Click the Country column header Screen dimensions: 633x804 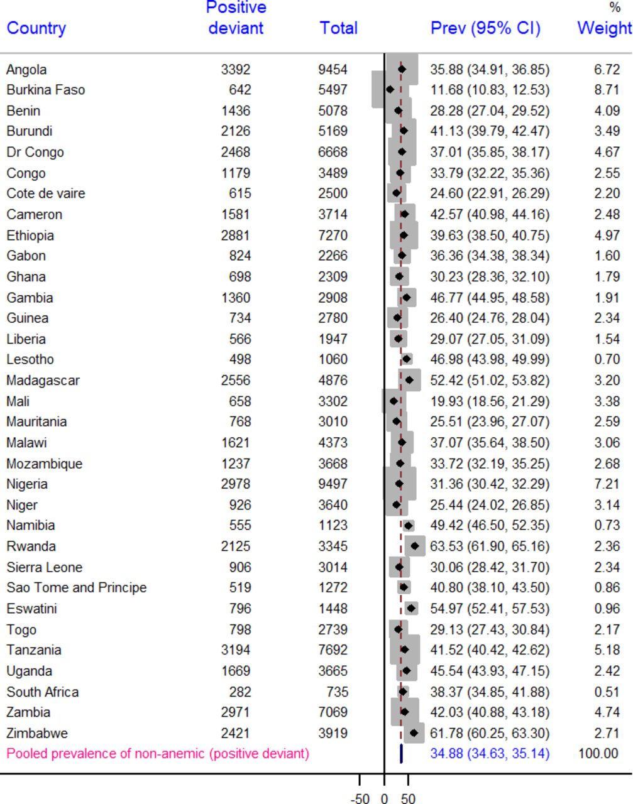36,28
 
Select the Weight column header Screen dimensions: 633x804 605,28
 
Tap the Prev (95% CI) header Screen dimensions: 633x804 485,28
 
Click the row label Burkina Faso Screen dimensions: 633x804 46,90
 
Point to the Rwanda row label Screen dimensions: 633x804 31,546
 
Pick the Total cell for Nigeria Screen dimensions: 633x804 333,484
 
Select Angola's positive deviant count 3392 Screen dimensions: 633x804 236,70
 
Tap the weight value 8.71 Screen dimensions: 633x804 607,90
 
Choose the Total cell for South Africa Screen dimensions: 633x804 338,692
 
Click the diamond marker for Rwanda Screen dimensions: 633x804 415,546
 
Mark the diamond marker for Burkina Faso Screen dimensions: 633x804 390,90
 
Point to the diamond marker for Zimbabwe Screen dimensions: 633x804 414,733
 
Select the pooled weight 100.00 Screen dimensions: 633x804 598,754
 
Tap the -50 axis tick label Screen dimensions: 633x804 360,797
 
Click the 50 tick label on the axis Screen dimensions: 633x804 408,797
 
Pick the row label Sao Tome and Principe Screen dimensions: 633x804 77,588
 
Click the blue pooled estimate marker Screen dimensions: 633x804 401,754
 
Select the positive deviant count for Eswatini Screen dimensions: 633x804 240,609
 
